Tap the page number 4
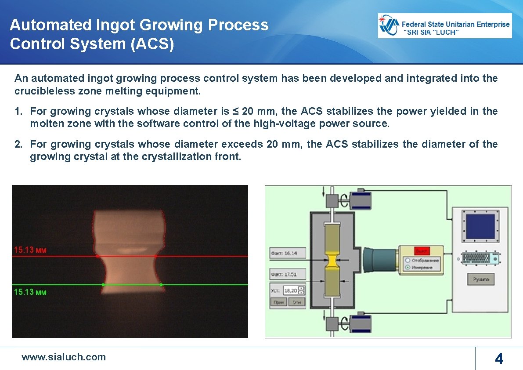pos(499,359)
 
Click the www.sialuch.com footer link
pos(64,357)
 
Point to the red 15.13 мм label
pos(30,250)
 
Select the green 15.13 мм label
pos(30,292)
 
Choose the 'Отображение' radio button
pos(408,260)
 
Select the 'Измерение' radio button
pos(408,267)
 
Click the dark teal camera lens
pos(380,260)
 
